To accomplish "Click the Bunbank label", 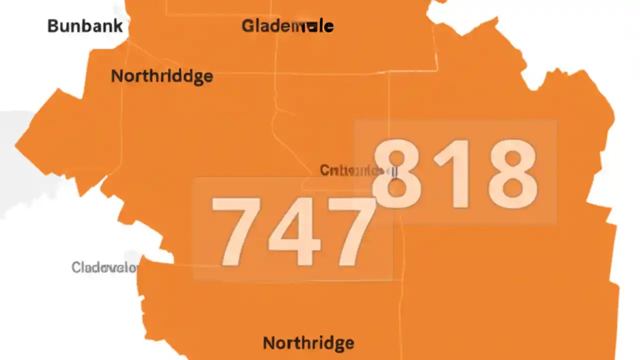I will pyautogui.click(x=84, y=26).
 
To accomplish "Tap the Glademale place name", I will pyautogui.click(x=287, y=26).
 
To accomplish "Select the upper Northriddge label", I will pyautogui.click(x=161, y=76).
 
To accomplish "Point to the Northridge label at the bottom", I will pyautogui.click(x=308, y=343).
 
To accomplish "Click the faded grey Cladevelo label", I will pyautogui.click(x=104, y=267).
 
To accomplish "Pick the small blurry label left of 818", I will pyautogui.click(x=358, y=171).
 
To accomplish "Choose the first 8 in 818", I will pyautogui.click(x=397, y=174).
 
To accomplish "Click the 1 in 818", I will pyautogui.click(x=455, y=174).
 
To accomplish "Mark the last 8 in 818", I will pyautogui.click(x=512, y=174).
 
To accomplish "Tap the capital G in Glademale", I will pyautogui.click(x=247, y=26).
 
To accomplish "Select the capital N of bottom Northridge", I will pyautogui.click(x=268, y=343).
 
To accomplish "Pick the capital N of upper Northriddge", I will pyautogui.click(x=116, y=76).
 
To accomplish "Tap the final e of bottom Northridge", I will pyautogui.click(x=349, y=343).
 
